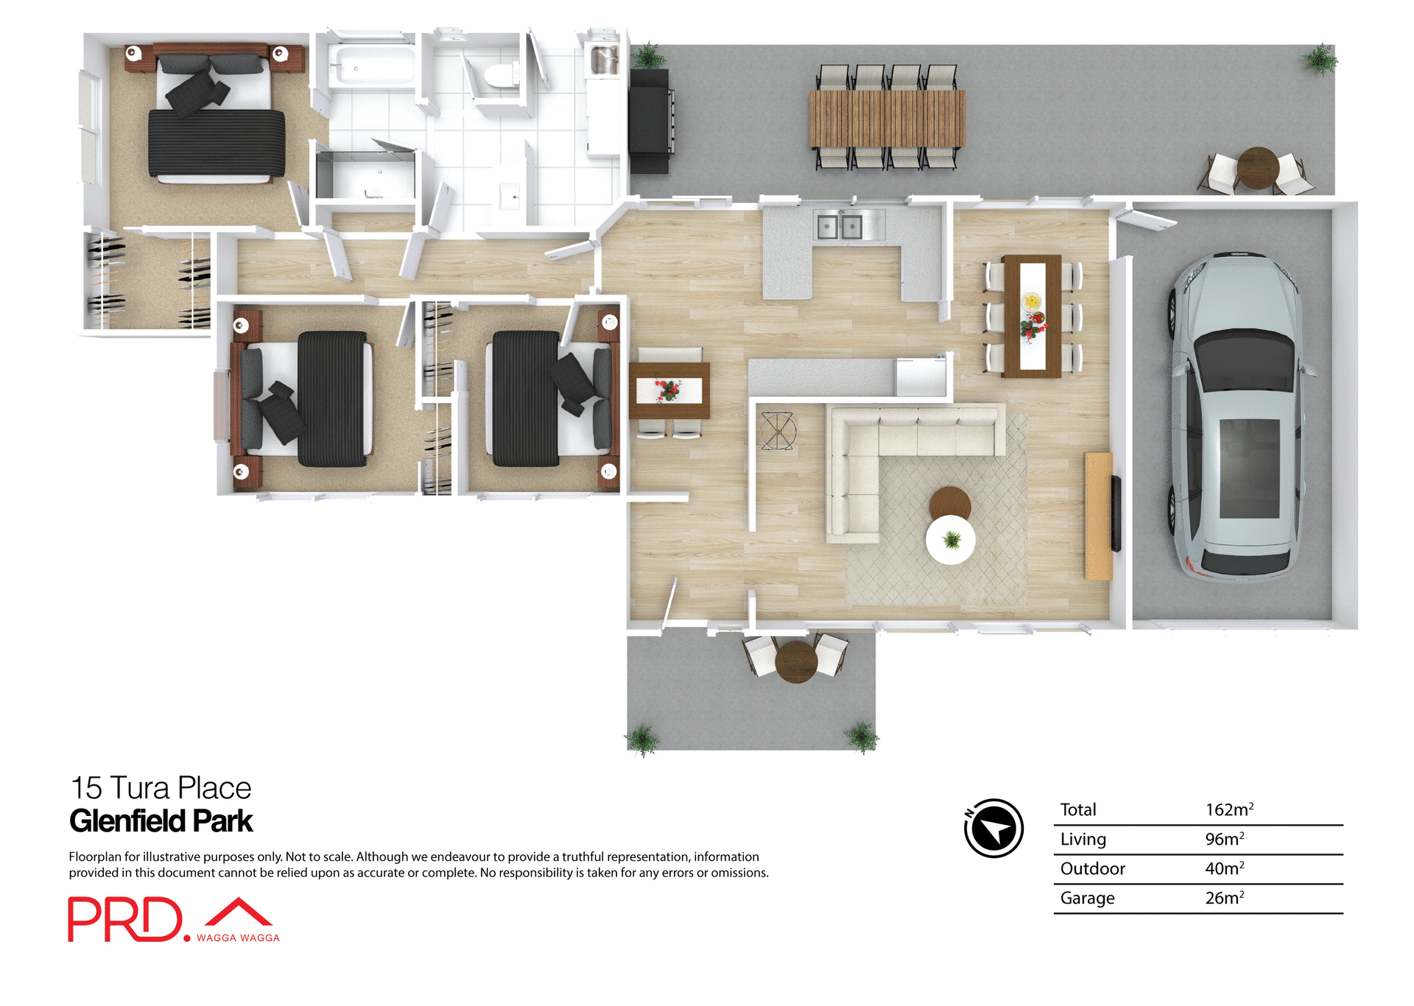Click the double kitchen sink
click(x=840, y=226)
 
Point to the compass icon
click(x=994, y=829)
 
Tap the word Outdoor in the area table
click(x=1092, y=869)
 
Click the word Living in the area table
click(x=1083, y=840)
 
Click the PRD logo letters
click(x=125, y=919)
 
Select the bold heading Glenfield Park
click(x=161, y=821)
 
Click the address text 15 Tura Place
click(x=161, y=788)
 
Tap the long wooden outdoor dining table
click(x=887, y=118)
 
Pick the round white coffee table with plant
click(x=951, y=540)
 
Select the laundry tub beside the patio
click(x=604, y=60)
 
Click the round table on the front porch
click(x=796, y=661)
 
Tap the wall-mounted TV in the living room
click(x=1116, y=513)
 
